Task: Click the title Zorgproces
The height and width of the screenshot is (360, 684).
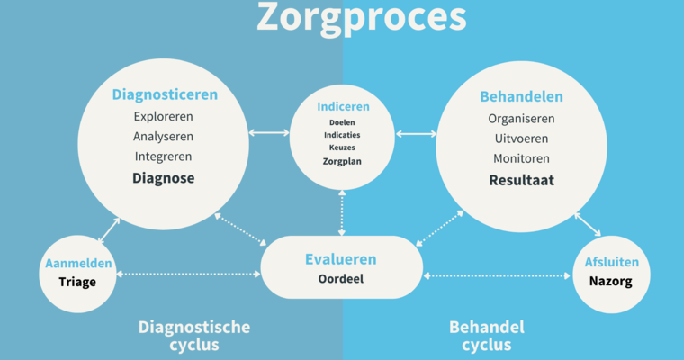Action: pyautogui.click(x=361, y=18)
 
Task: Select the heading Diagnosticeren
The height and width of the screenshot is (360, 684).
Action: pyautogui.click(x=165, y=94)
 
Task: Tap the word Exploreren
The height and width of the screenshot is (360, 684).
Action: pyautogui.click(x=164, y=117)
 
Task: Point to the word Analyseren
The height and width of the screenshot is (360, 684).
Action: pyautogui.click(x=164, y=137)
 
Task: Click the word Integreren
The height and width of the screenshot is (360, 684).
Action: pyautogui.click(x=164, y=157)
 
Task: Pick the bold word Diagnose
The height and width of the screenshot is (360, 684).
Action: pyautogui.click(x=164, y=178)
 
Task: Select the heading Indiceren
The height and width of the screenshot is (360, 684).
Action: pyautogui.click(x=343, y=106)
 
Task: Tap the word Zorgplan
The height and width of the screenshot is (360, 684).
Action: pyautogui.click(x=343, y=162)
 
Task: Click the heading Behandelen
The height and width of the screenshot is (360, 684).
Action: pyautogui.click(x=521, y=96)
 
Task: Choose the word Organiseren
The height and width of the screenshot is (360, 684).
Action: pyautogui.click(x=521, y=119)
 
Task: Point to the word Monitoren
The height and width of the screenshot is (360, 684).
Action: pyautogui.click(x=521, y=158)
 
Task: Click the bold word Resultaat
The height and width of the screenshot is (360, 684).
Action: pyautogui.click(x=521, y=180)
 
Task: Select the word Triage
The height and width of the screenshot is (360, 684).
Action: pyautogui.click(x=78, y=282)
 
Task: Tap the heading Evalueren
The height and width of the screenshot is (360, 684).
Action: pyautogui.click(x=340, y=259)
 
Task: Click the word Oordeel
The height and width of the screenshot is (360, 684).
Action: pyautogui.click(x=340, y=279)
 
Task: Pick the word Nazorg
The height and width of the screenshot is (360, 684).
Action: pyautogui.click(x=611, y=282)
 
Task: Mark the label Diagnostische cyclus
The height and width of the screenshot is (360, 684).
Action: pyautogui.click(x=194, y=336)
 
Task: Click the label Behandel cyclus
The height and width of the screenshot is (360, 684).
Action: pyautogui.click(x=487, y=336)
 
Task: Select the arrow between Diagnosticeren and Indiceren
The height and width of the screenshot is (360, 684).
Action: pyautogui.click(x=269, y=133)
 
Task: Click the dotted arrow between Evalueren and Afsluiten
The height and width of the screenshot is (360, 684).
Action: pyautogui.click(x=498, y=274)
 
